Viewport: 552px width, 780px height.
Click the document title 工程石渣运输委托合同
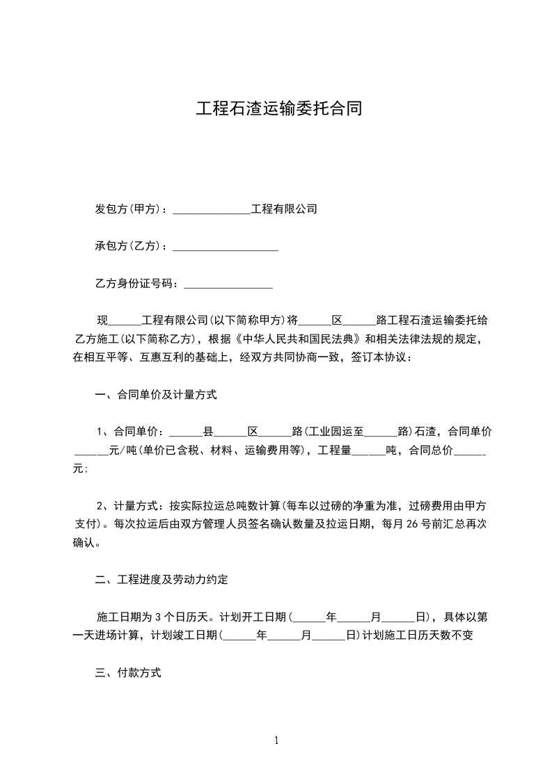point(278,109)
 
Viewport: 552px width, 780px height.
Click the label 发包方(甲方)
point(128,209)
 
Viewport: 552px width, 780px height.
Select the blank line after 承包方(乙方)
point(225,246)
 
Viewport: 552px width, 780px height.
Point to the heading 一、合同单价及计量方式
point(156,395)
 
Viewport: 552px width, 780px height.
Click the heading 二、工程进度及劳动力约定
point(161,579)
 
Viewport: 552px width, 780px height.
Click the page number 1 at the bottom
point(276,740)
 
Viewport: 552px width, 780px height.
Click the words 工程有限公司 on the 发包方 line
point(284,209)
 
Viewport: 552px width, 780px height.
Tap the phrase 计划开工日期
point(254,617)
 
